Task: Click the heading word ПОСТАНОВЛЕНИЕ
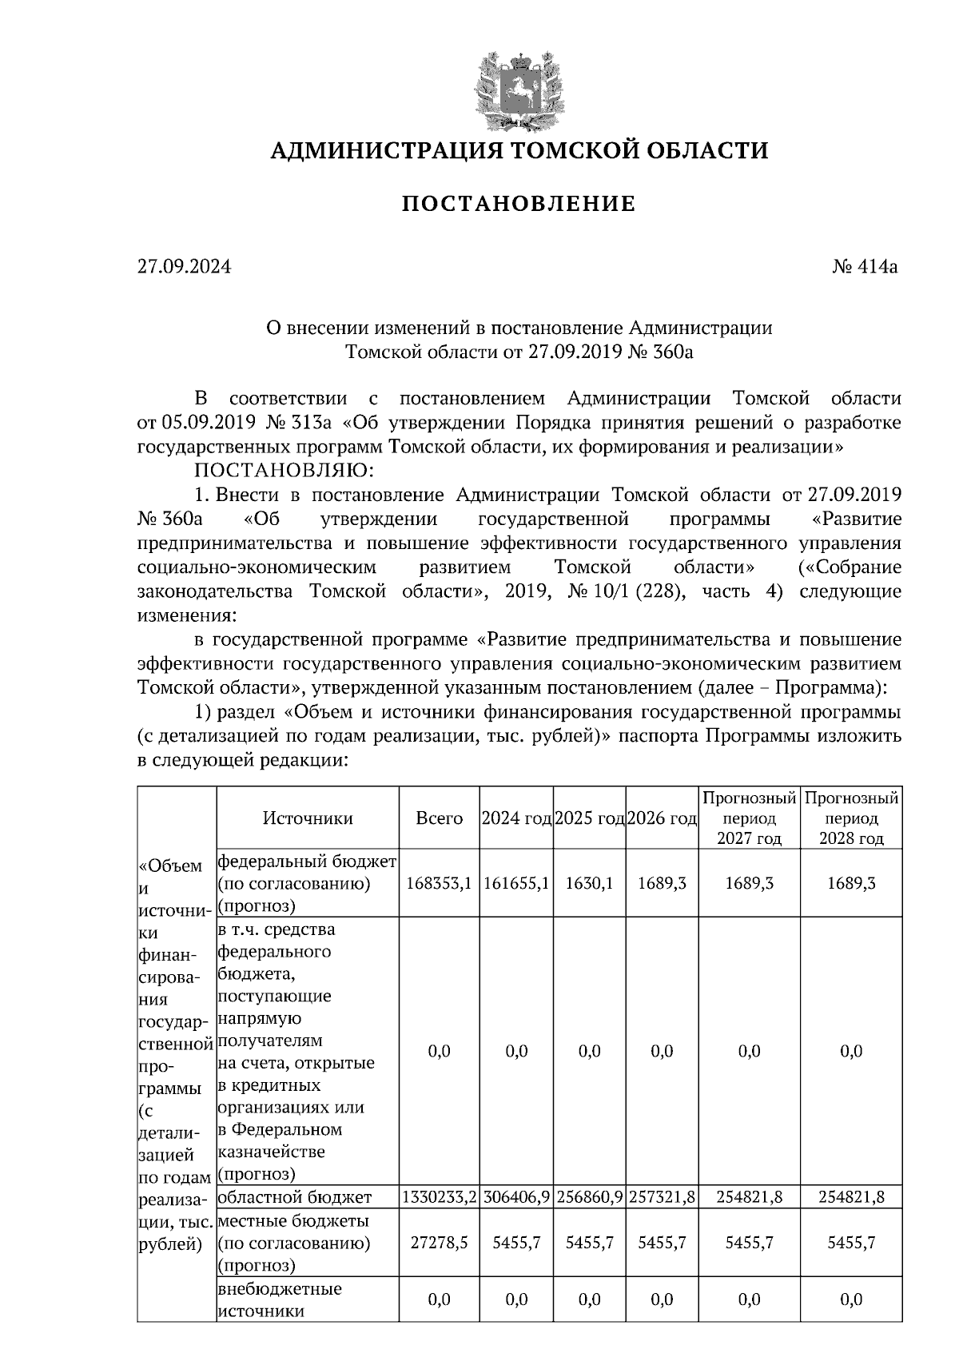(518, 205)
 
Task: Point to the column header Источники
(308, 818)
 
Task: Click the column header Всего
(440, 818)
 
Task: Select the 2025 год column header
(590, 818)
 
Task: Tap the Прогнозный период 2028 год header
(851, 818)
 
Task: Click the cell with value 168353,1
(440, 884)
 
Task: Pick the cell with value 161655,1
(517, 884)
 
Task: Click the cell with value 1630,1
(590, 884)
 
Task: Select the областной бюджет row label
(294, 1197)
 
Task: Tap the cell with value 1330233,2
(440, 1197)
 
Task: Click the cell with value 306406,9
(517, 1197)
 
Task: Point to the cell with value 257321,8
(663, 1197)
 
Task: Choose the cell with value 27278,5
(440, 1244)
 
